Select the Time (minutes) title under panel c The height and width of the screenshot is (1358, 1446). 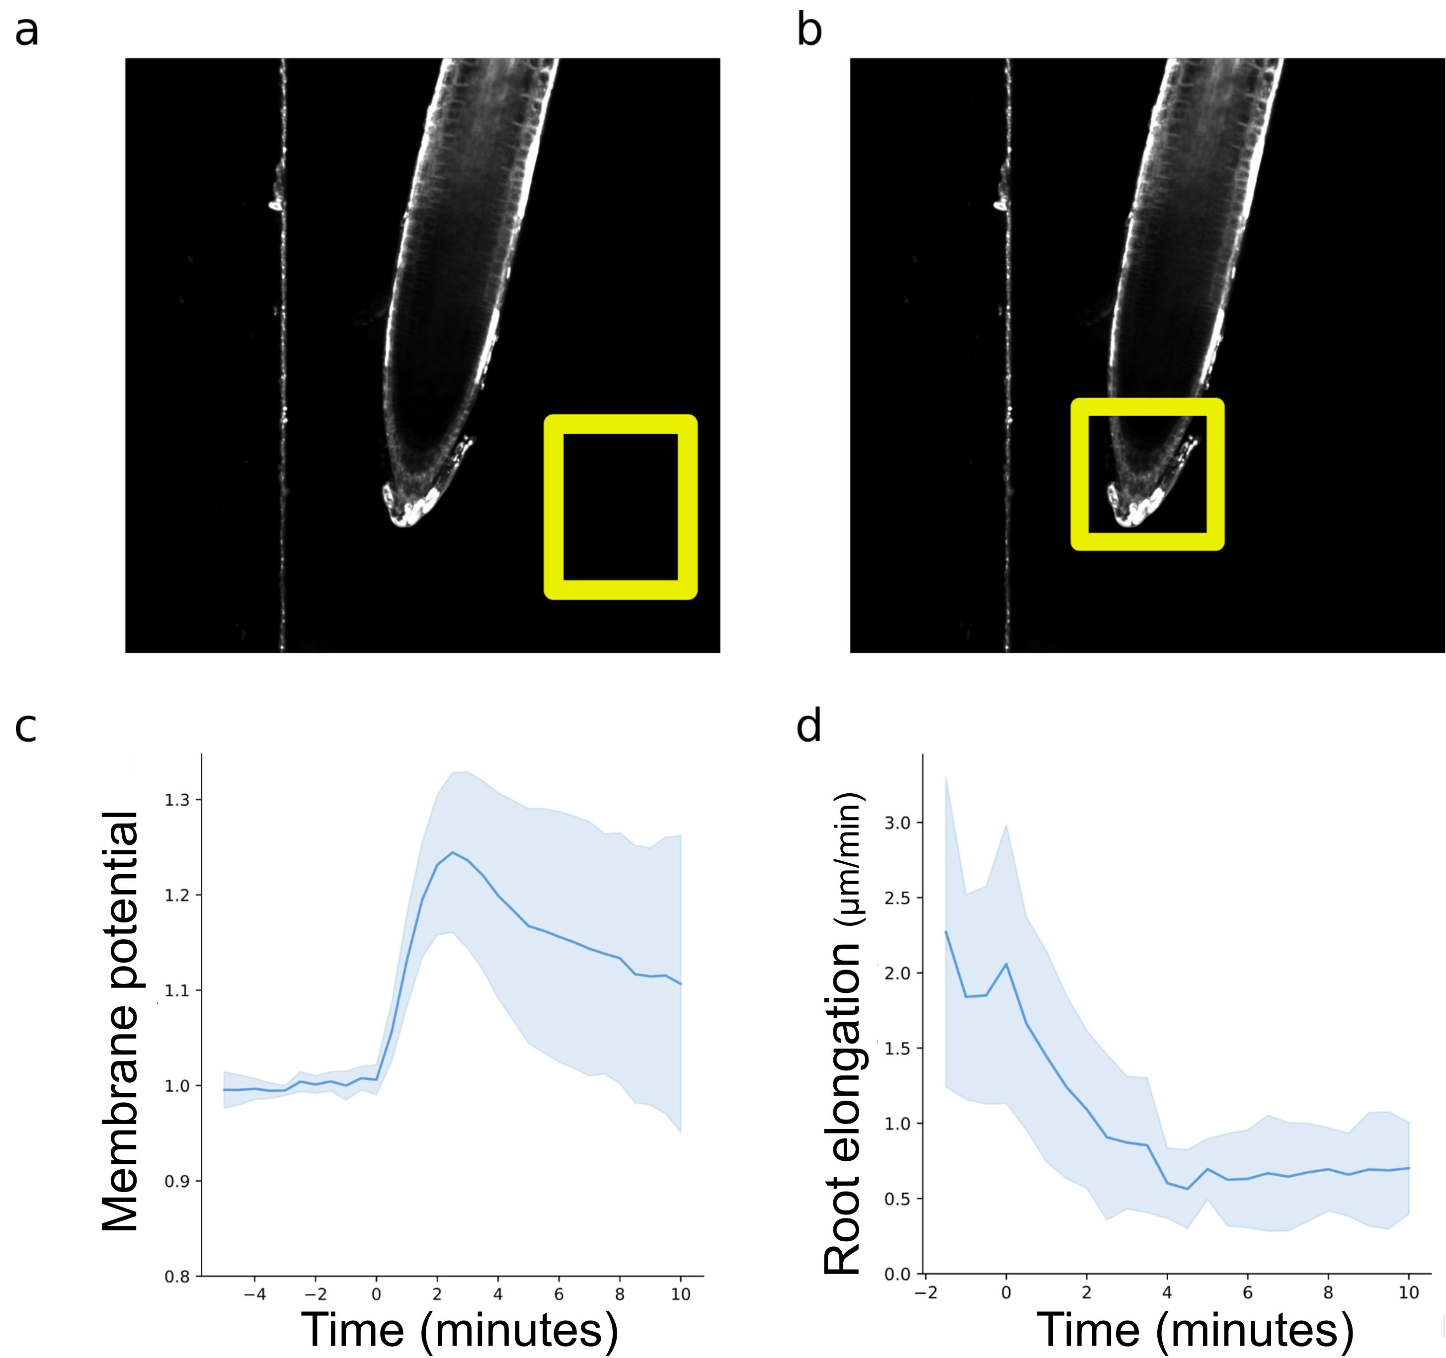[459, 1330]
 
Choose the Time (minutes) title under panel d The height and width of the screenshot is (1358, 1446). [1195, 1330]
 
